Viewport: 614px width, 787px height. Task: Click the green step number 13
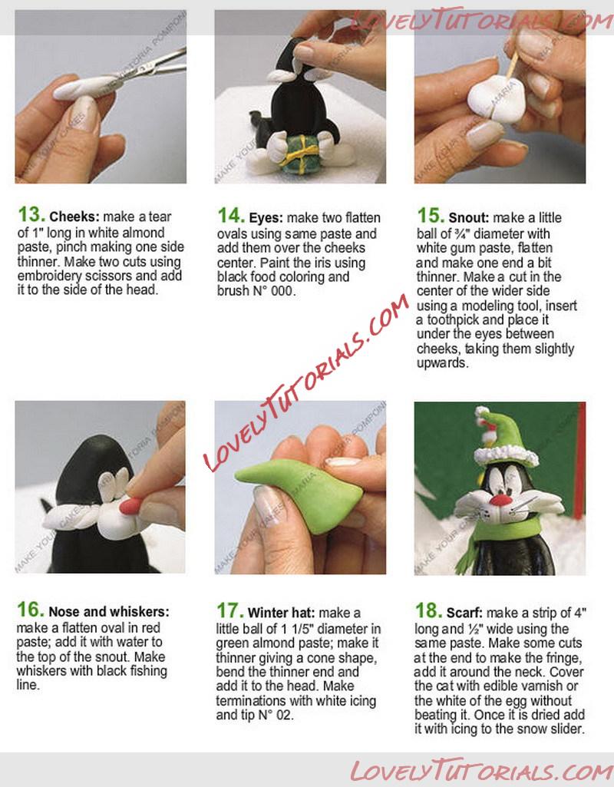pos(31,215)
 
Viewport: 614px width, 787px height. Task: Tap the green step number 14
pos(231,216)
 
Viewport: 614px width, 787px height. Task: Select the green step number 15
pos(431,216)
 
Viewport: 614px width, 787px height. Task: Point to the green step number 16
pos(30,610)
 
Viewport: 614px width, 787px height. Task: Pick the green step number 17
pos(229,611)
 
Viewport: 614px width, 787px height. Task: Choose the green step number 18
pos(428,611)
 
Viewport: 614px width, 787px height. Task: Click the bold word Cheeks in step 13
pos(75,217)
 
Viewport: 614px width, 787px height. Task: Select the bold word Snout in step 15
pos(468,218)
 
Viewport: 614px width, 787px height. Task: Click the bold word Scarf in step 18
pos(464,613)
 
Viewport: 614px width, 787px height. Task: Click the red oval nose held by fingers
pos(131,505)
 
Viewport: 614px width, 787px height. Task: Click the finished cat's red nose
pos(501,499)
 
